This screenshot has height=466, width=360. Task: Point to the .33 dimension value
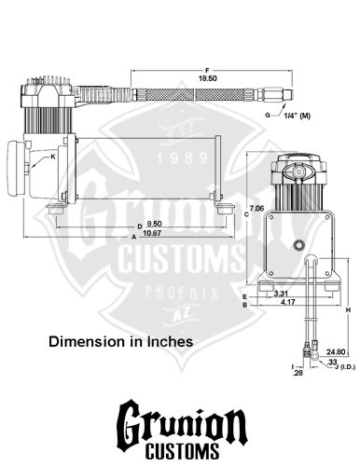[332, 362]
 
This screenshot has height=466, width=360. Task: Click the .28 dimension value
[298, 373]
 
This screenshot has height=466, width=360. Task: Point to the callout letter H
[347, 308]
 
